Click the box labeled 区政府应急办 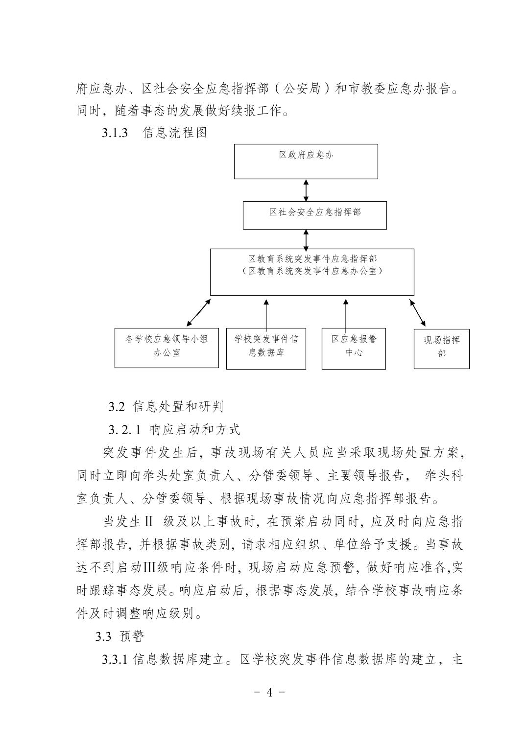306,161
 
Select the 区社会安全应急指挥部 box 314,215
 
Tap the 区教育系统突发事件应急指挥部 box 312,272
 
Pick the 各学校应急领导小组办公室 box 167,348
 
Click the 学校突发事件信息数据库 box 266,348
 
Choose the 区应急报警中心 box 354,348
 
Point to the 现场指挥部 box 441,349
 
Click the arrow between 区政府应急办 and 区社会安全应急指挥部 306,190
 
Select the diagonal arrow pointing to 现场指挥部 418,313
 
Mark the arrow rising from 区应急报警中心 346,315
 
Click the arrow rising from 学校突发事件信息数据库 266,315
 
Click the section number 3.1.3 115,133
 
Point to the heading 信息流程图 175,133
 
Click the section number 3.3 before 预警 103,636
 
